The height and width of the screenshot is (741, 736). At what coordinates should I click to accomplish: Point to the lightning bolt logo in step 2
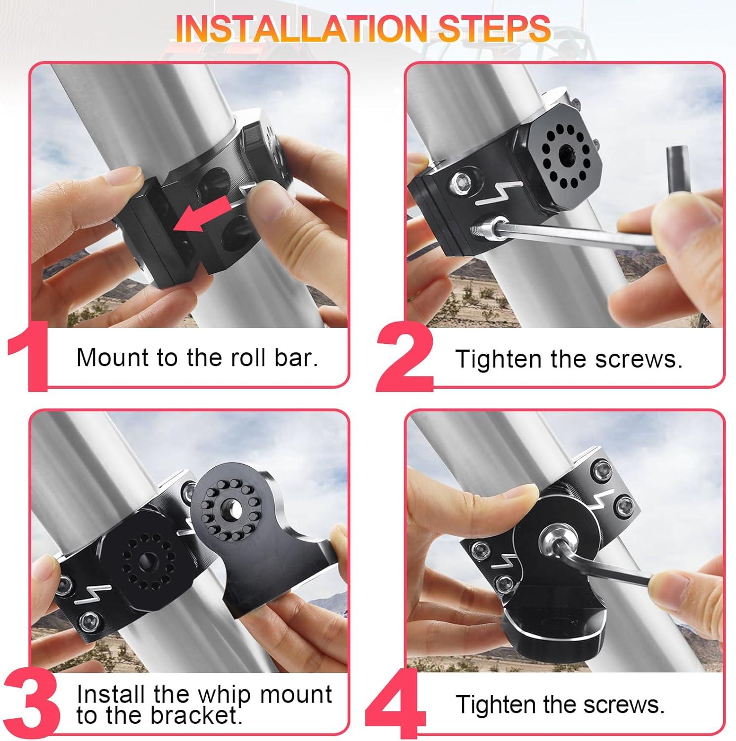[x=499, y=193]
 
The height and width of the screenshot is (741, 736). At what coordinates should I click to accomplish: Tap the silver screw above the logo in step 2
[x=465, y=182]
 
